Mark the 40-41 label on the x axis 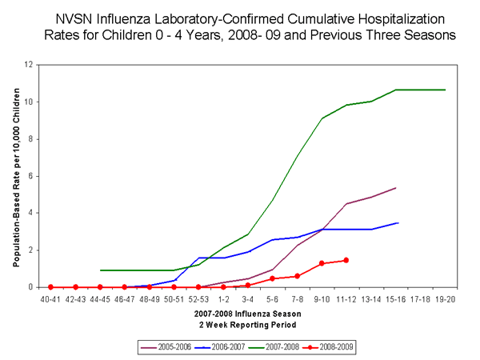pos(50,298)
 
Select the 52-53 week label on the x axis pos(198,298)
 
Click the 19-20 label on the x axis pos(445,298)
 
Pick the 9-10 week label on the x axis pos(322,298)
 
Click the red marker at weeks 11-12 pos(346,260)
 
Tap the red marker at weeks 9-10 pos(322,263)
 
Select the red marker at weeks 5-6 pos(272,278)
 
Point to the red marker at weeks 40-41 pos(50,286)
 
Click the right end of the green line pos(445,90)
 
